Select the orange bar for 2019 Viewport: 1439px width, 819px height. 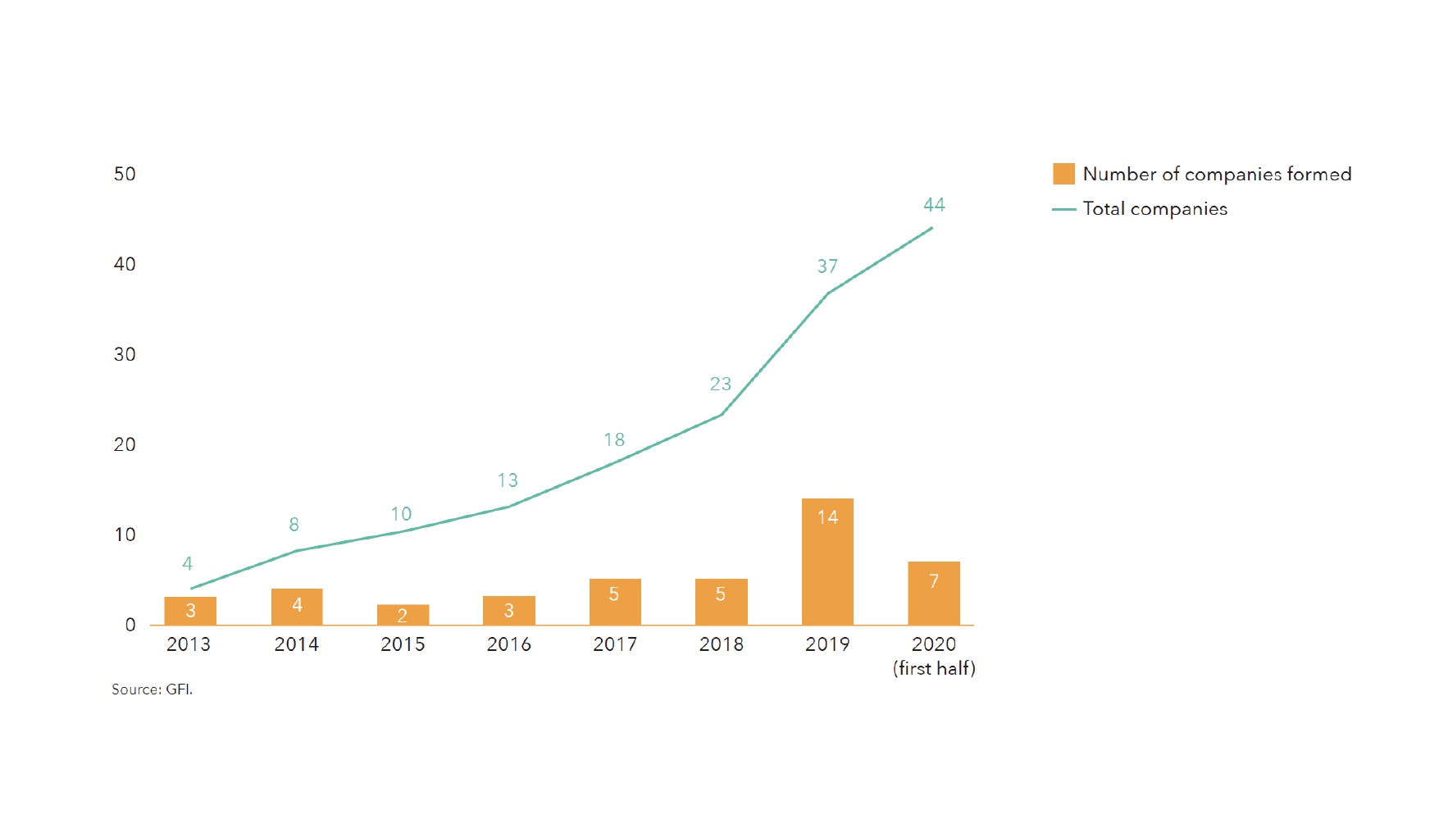tap(827, 562)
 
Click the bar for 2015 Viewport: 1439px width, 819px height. tap(403, 615)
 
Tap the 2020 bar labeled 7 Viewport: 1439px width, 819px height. tap(933, 593)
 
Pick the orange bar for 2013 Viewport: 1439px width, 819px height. tap(190, 611)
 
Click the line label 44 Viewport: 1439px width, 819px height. tap(934, 205)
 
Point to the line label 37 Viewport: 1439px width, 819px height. tap(827, 266)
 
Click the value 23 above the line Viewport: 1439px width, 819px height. tap(720, 384)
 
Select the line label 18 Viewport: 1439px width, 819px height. tap(614, 440)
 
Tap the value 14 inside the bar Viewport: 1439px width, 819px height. tap(827, 517)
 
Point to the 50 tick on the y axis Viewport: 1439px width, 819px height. tap(125, 174)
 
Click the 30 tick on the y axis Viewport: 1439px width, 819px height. tap(125, 354)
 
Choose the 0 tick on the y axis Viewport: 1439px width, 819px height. tap(130, 625)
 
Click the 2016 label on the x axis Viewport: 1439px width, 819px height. tap(508, 644)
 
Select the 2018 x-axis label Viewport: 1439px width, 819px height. tap(721, 644)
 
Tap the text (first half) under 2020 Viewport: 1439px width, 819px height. tap(934, 668)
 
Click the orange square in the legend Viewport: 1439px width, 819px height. tap(1063, 174)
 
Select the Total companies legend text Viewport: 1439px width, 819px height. tap(1154, 209)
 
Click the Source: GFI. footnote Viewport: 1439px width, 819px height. tap(153, 689)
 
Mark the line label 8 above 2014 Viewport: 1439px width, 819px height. tap(294, 525)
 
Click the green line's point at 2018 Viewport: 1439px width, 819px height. tap(721, 415)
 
